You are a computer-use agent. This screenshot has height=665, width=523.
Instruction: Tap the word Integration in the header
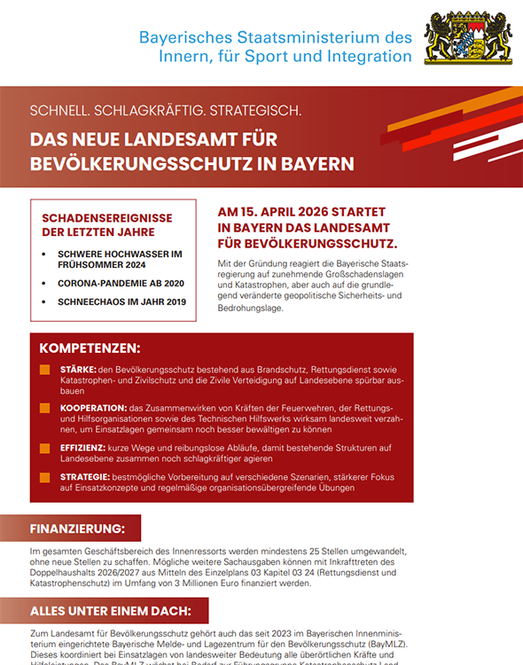(x=368, y=57)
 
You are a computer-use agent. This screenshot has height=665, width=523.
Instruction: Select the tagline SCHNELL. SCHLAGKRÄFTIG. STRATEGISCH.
(x=166, y=112)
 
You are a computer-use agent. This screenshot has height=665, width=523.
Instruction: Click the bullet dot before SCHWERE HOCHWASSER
(x=47, y=254)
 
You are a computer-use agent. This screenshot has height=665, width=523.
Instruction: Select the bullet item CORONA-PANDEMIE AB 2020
(x=120, y=283)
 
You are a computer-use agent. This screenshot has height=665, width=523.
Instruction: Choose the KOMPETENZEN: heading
(x=90, y=348)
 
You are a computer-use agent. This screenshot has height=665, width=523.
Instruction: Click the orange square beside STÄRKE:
(x=44, y=368)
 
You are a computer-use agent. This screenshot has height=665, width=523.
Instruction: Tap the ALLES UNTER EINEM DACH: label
(x=110, y=611)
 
